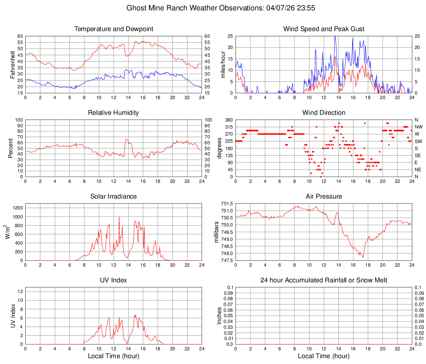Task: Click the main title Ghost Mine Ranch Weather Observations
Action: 213,8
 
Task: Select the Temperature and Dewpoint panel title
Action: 114,29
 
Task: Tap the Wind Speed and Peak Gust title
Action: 324,29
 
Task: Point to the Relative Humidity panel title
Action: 114,113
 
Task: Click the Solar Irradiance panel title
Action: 114,197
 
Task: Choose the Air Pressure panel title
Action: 324,197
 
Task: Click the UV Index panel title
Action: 114,280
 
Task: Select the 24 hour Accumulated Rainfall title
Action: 324,280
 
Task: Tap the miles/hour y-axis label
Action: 223,65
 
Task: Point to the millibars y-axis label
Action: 216,232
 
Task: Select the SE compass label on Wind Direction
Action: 418,155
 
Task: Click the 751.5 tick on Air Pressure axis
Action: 226,204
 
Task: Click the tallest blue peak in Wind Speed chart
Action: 335,36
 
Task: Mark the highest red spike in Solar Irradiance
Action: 119,217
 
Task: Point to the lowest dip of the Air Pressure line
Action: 363,257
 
